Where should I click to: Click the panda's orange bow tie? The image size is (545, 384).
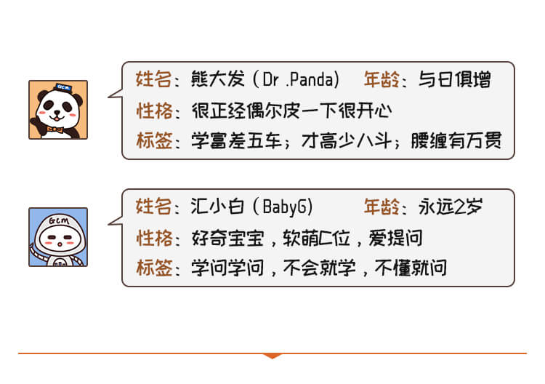click(55, 130)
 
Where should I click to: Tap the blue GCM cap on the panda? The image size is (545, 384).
click(63, 87)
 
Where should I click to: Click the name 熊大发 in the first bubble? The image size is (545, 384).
click(218, 79)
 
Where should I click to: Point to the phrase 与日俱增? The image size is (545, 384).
click(455, 80)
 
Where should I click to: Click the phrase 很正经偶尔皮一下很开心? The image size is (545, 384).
click(292, 111)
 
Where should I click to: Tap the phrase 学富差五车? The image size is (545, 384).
click(236, 141)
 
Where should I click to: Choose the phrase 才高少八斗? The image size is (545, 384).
click(347, 141)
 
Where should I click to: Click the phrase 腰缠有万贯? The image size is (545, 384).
click(456, 141)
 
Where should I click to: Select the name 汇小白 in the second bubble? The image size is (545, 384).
click(218, 207)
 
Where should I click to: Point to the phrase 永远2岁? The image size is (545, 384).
click(451, 207)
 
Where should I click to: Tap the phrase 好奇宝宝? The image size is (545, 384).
click(227, 239)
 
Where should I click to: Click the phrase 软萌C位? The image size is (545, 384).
click(316, 239)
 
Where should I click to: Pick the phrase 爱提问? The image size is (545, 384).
click(395, 239)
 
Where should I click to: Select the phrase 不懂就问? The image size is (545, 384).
click(411, 268)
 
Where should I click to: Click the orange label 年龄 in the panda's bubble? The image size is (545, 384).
click(381, 80)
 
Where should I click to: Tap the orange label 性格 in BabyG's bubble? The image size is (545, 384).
click(154, 239)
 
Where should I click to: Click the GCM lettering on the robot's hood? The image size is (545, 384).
click(59, 220)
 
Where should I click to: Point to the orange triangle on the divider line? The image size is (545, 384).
click(272, 356)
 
